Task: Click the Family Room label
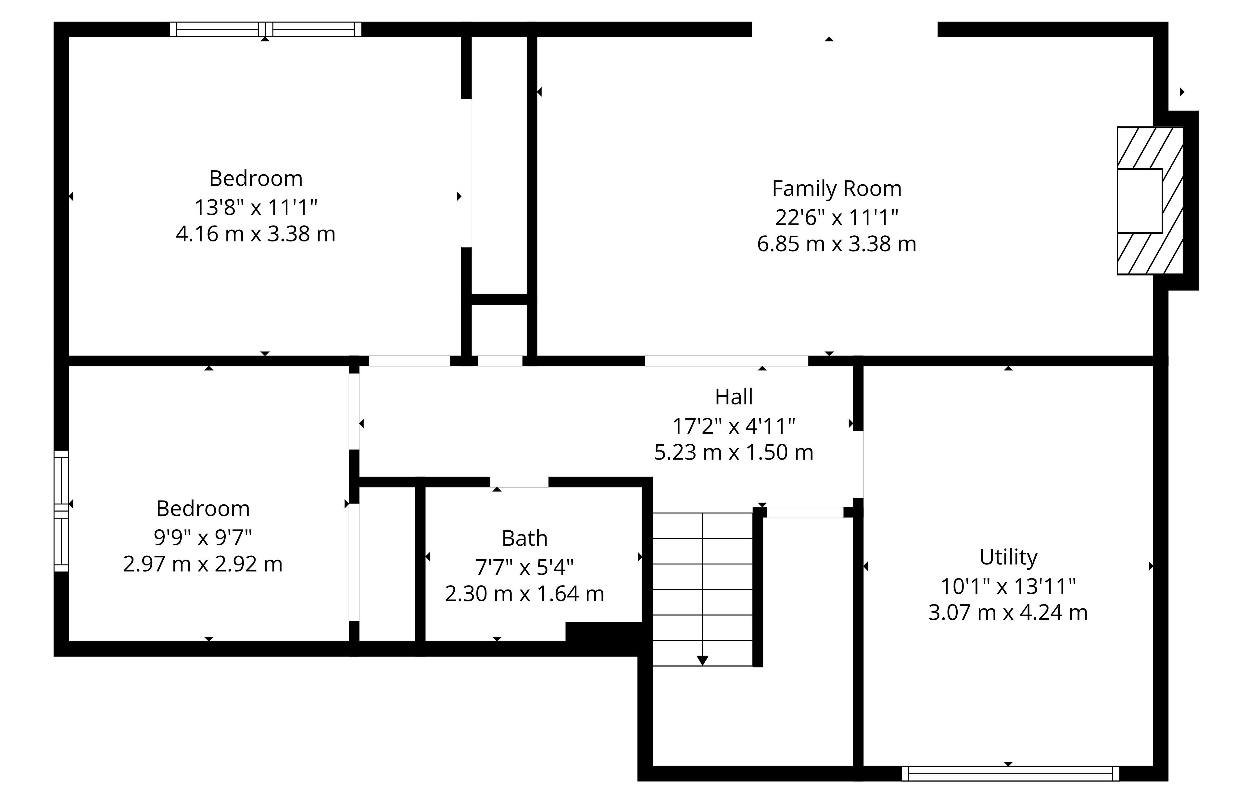[x=837, y=188]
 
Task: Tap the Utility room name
[x=1008, y=557]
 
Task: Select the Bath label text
[x=525, y=538]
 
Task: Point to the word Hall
[x=734, y=397]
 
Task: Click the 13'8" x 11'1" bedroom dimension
[x=256, y=207]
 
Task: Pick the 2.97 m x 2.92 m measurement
[x=203, y=564]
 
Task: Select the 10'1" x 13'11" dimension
[x=1008, y=587]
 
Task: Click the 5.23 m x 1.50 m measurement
[x=734, y=452]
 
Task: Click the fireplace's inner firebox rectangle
[x=1140, y=201]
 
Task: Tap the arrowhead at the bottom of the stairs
[x=702, y=661]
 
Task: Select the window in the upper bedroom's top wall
[x=265, y=29]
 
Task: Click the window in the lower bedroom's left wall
[x=61, y=511]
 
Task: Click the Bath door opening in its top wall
[x=519, y=482]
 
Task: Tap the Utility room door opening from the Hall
[x=858, y=464]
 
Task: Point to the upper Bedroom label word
[x=256, y=178]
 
